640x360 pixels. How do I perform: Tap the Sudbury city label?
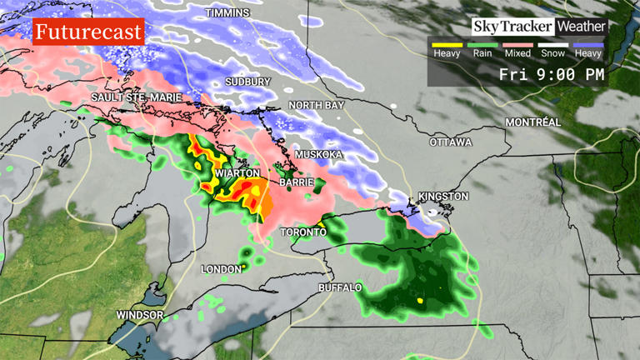[x=248, y=82]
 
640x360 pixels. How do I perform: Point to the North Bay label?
[x=317, y=105]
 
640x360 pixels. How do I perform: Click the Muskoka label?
[x=319, y=155]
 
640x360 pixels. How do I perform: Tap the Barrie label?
[x=296, y=181]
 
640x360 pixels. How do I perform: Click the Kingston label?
[x=444, y=197]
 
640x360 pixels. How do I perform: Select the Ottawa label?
[x=451, y=142]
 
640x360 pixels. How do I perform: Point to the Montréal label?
[x=532, y=122]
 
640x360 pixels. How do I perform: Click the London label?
[x=222, y=269]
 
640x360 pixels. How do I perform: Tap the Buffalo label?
[x=341, y=287]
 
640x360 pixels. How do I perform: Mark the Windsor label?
[x=140, y=315]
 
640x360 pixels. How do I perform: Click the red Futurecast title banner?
[x=89, y=33]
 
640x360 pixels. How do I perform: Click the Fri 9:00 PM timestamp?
[x=552, y=74]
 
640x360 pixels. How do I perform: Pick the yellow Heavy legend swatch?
[x=447, y=44]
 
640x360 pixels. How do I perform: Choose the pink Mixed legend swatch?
[x=517, y=44]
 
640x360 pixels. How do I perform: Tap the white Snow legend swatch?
[x=552, y=44]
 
